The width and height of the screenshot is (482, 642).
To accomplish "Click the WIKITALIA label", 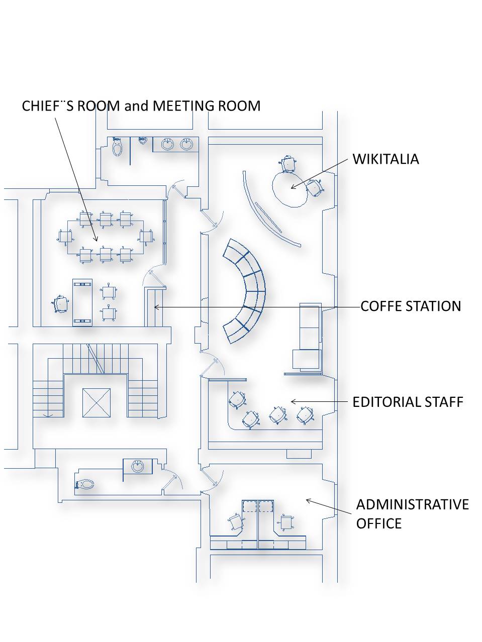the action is click(x=385, y=159).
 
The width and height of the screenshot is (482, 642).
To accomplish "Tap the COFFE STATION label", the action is click(x=411, y=306).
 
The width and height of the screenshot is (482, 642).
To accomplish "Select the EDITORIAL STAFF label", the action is click(x=408, y=402).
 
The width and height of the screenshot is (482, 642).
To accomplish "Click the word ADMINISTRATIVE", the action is click(x=412, y=505).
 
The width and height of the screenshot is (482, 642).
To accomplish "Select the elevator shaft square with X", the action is click(x=97, y=402).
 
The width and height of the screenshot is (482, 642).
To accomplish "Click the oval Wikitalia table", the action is click(x=291, y=189).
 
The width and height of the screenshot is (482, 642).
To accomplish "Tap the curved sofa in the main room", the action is click(x=244, y=291).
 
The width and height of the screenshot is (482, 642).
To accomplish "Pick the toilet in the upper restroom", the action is click(x=117, y=147).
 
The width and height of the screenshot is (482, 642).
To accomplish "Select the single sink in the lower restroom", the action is click(x=138, y=466).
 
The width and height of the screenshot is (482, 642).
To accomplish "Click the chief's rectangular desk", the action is click(x=82, y=302).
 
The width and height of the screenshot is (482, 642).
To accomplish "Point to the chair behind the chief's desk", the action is click(x=61, y=304).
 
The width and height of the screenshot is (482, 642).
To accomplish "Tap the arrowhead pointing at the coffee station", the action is click(x=156, y=307).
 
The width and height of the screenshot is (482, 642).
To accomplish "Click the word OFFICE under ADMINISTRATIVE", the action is click(x=378, y=523).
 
